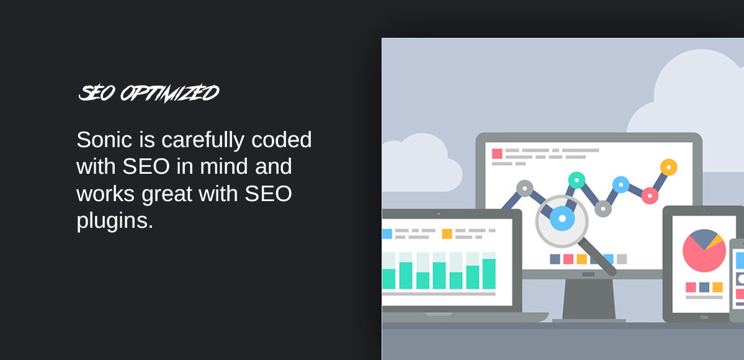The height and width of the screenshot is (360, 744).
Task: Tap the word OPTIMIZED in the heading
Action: [169, 93]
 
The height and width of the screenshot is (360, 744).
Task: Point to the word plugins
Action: [115, 221]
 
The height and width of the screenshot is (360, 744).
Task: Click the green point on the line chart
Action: [576, 180]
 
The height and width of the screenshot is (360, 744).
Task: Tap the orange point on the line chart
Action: [668, 167]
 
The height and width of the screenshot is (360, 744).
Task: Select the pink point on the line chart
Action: [650, 196]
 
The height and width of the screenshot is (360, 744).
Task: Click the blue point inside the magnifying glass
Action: [562, 218]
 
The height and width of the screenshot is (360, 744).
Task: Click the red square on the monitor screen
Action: [497, 153]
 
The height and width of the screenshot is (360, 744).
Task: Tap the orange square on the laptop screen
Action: [447, 234]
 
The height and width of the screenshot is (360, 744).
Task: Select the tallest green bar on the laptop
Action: [489, 273]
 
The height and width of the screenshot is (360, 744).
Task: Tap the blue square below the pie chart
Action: [704, 287]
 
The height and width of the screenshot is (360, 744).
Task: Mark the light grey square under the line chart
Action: [622, 259]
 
